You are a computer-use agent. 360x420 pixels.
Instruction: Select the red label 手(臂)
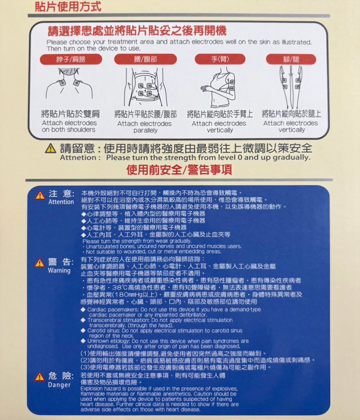pyautogui.click(x=220, y=59)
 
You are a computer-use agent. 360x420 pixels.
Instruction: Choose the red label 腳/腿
pyautogui.click(x=291, y=59)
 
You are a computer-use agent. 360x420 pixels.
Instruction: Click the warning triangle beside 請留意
pyautogui.click(x=50, y=149)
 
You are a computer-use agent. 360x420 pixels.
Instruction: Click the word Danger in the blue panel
pyautogui.click(x=59, y=385)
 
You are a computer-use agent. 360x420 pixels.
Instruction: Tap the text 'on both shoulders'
pyautogui.click(x=69, y=130)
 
